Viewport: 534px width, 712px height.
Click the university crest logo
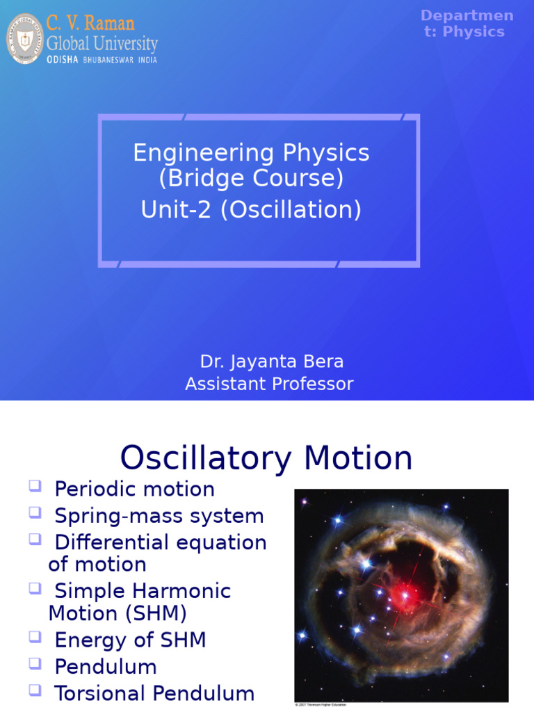coord(24,39)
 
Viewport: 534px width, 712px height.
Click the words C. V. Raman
coord(90,23)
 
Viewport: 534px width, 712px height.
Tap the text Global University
coord(102,44)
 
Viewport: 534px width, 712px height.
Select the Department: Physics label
coord(467,24)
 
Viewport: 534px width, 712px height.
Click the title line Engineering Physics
coord(251,153)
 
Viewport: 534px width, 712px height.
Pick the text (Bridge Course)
coord(251,179)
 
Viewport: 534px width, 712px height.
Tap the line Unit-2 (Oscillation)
coord(251,209)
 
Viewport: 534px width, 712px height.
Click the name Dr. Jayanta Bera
coord(271,362)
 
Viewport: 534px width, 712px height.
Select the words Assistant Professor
coord(269,384)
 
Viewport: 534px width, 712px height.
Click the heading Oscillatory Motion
coord(266,459)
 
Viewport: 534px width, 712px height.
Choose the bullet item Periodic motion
coord(134,489)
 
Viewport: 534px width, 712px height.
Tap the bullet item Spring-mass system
coord(159,516)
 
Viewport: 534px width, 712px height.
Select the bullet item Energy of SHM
coord(130,640)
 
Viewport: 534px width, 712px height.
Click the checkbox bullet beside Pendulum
coord(35,665)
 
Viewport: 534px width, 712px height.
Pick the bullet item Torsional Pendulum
coord(154,693)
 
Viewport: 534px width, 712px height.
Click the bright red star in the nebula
coord(403,595)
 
